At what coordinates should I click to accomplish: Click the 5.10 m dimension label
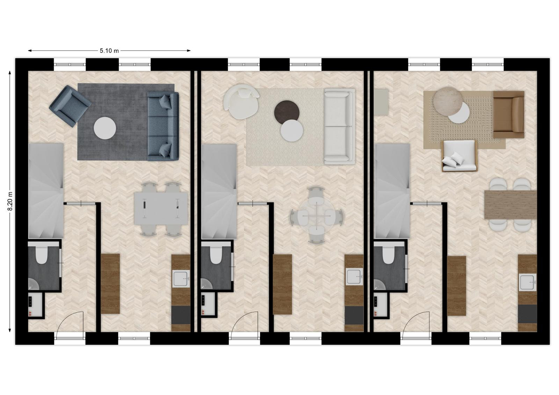point(109,51)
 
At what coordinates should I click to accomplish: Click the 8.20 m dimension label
point(10,202)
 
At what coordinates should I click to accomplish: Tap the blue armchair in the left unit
point(70,106)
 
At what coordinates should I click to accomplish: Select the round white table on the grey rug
point(105,128)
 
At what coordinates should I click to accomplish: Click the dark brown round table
point(287,112)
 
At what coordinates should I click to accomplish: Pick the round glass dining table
point(317,215)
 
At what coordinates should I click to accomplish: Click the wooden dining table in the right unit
point(510,205)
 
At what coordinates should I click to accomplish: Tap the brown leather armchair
point(509,115)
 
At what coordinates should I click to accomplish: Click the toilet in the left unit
point(42,254)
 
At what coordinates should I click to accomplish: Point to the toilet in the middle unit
point(215,254)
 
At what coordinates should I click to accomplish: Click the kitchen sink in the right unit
point(528,283)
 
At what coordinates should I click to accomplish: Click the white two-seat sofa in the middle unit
point(340,126)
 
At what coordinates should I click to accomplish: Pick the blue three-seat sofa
point(163,126)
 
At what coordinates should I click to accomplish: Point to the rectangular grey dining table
point(161,209)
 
